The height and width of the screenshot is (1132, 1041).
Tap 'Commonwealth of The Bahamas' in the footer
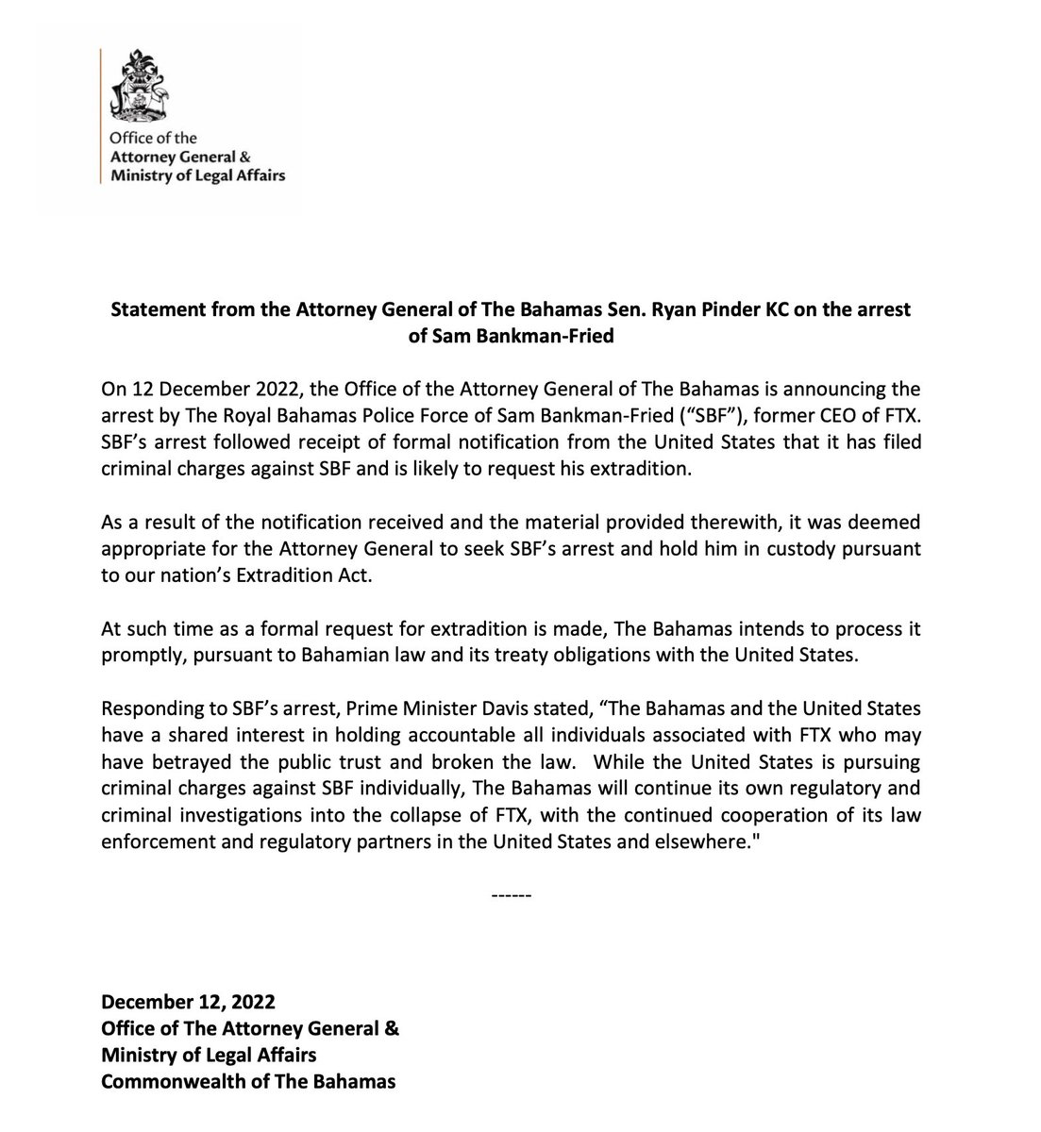[248, 1081]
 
